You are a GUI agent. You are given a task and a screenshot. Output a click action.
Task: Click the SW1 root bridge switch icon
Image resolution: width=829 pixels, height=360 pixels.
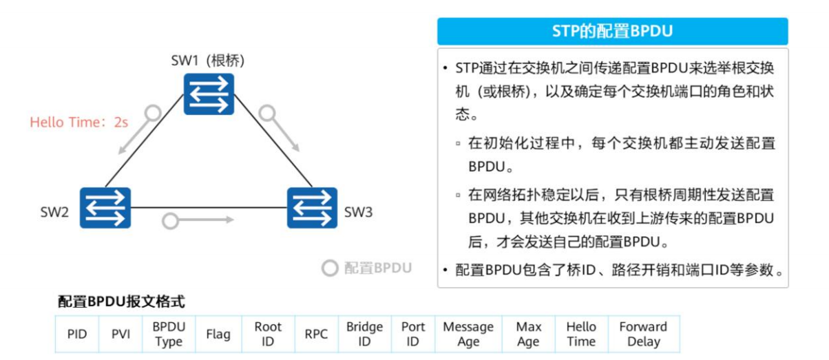[x=209, y=94]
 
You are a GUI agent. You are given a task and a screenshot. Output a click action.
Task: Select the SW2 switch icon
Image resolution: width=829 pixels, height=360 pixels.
[x=105, y=208]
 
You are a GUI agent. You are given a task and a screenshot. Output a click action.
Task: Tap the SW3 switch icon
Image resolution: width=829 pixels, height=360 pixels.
[x=312, y=208]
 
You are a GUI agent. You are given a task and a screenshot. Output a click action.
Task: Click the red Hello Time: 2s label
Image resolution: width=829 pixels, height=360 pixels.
[x=78, y=122]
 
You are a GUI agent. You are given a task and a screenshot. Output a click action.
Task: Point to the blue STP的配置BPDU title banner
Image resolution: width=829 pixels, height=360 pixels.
[x=613, y=31]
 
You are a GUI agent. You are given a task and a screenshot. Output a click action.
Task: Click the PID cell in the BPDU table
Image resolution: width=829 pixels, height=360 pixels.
[x=77, y=334]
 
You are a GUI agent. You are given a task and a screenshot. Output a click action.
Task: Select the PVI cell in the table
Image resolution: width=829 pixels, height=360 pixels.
[x=120, y=334]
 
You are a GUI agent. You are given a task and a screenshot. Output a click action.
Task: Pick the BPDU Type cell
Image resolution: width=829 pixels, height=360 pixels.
[x=169, y=334]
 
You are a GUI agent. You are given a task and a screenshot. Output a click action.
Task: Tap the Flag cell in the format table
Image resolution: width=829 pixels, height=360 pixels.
[x=218, y=334]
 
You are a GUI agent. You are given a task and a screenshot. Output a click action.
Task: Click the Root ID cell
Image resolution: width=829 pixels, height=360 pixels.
[x=268, y=334]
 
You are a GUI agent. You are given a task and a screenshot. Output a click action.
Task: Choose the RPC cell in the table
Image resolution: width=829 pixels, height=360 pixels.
[x=317, y=334]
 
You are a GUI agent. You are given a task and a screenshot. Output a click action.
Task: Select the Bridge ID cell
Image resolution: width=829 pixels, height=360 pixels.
[x=364, y=334]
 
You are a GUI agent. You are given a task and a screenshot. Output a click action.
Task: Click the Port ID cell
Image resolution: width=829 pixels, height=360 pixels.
[x=413, y=334]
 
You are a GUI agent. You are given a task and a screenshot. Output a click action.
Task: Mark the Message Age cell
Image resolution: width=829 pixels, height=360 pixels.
[x=468, y=334]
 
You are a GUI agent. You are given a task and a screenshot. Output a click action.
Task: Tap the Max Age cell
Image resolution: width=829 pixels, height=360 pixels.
[x=529, y=334]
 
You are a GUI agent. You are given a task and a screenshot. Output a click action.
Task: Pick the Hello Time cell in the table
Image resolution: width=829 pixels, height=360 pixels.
[x=581, y=334]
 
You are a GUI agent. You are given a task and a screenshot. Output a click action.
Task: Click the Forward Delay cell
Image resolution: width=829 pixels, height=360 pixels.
[x=644, y=334]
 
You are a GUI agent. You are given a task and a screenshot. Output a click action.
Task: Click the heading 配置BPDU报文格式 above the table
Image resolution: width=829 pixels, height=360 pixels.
[x=121, y=301]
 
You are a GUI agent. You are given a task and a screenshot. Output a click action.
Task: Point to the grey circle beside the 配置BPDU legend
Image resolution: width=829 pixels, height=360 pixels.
[x=330, y=268]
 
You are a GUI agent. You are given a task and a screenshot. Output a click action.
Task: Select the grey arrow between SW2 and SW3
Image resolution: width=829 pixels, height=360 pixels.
[x=198, y=220]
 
